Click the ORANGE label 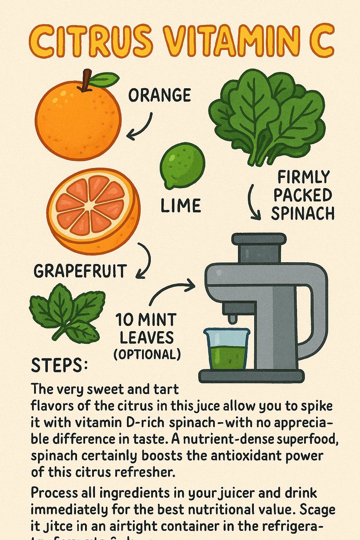click(159, 95)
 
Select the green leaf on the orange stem click(105, 80)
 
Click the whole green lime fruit click(182, 165)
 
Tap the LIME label click(181, 206)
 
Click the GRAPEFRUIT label click(80, 271)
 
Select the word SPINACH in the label click(302, 214)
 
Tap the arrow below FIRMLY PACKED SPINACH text click(254, 203)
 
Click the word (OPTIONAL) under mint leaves click(147, 354)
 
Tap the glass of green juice click(227, 349)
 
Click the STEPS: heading click(59, 366)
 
